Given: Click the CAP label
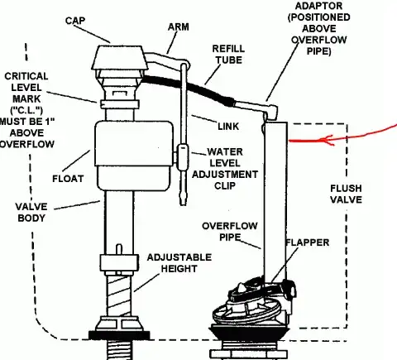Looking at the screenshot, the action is click(x=75, y=21).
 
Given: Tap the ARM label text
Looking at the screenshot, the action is click(x=179, y=27).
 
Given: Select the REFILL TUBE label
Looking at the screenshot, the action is click(x=228, y=55).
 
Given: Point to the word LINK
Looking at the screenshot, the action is click(x=228, y=127).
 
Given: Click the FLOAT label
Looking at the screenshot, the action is click(x=68, y=179).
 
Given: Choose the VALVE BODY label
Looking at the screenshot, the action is click(x=31, y=213).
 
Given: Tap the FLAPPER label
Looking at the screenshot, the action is click(x=308, y=242).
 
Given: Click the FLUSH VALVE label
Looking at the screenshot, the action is click(x=346, y=194).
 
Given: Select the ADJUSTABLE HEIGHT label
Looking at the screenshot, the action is click(x=179, y=263).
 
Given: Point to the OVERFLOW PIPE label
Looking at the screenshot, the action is click(x=230, y=232).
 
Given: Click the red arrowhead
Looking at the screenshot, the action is click(x=328, y=140).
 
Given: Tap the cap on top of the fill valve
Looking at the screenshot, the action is click(x=118, y=57).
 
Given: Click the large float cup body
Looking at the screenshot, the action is click(x=134, y=156).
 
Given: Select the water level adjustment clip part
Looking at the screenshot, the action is click(x=183, y=157).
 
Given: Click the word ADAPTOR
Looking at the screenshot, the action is click(x=318, y=6).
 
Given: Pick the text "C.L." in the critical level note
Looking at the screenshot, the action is click(x=26, y=110).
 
